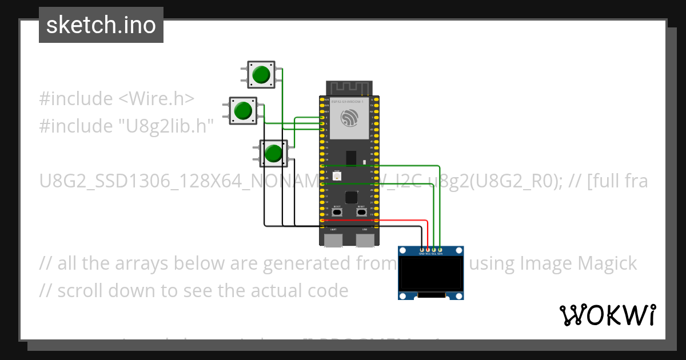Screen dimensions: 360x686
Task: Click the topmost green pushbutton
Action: [x=261, y=75]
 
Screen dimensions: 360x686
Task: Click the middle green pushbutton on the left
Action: [x=243, y=110]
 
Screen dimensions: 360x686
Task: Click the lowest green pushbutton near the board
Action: [x=273, y=153]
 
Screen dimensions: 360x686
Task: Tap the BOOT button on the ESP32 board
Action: [x=337, y=212]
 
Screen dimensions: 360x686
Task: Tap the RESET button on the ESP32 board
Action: [x=361, y=212]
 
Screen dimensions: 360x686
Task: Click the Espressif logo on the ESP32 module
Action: [x=349, y=118]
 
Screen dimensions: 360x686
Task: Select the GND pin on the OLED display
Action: [x=422, y=250]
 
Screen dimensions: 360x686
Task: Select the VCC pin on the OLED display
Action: [x=428, y=250]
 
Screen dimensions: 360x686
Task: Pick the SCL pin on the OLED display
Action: [x=434, y=250]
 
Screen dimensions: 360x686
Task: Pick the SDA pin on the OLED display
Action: [x=440, y=250]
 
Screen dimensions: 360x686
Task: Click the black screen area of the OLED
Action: [x=430, y=274]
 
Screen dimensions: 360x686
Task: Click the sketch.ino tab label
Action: [x=101, y=25]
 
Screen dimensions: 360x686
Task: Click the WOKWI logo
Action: [x=607, y=315]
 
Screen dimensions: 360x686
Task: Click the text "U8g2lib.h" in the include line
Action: [x=165, y=126]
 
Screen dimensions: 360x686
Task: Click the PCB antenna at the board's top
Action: [x=349, y=88]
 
